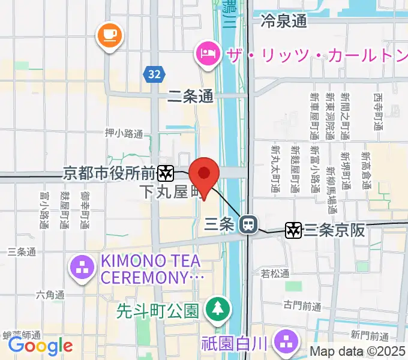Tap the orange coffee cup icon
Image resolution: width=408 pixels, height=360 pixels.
pos(109,35)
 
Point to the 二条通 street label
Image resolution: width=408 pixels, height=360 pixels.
pos(190,96)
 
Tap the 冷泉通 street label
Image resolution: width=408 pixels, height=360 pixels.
pos(284,22)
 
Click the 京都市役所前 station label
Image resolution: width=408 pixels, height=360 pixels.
pos(109,174)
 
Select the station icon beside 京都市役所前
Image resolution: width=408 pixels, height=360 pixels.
pos(166,174)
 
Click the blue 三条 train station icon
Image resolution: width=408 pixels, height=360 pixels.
pos(247,225)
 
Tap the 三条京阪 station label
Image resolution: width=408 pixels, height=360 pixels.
pos(334,230)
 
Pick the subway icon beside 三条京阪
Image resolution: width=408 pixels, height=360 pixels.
pos(293,229)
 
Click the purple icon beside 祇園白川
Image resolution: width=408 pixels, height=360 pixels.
pos(285,343)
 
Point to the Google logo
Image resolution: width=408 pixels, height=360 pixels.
pos(40,346)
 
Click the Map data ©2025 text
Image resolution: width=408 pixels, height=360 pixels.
pos(358,352)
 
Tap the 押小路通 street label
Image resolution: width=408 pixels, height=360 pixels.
pos(124,133)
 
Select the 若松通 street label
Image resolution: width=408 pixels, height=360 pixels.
pos(275,274)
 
